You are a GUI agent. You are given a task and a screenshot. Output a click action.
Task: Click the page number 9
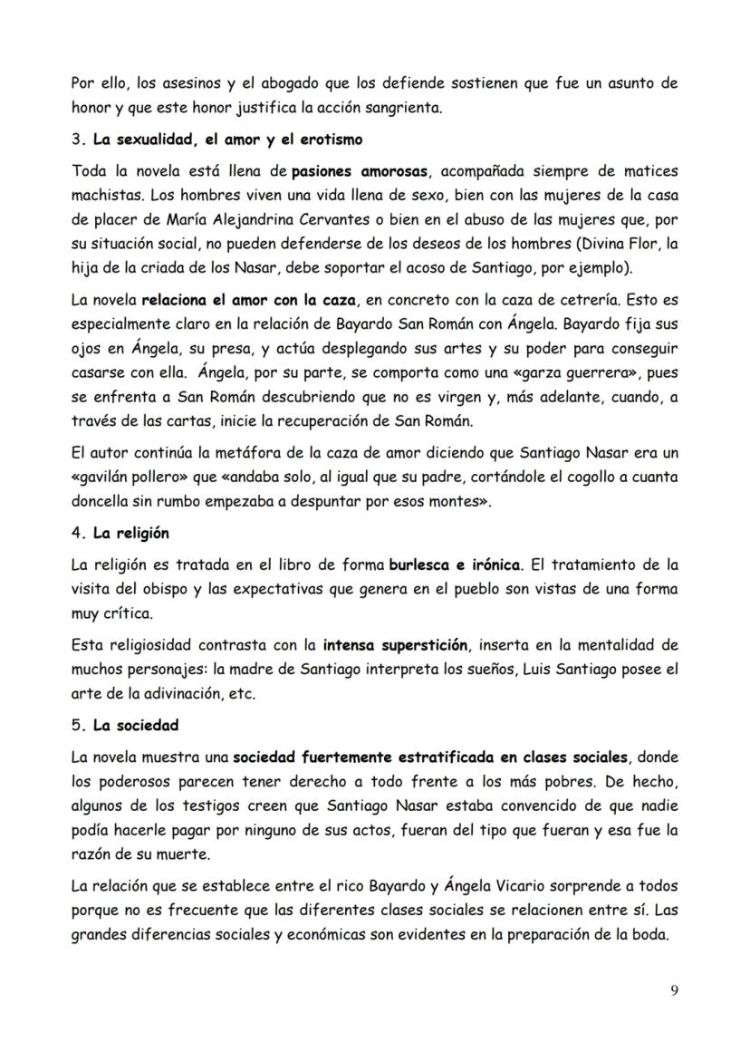(673, 989)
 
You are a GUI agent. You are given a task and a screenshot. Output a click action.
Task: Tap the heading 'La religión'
(130, 533)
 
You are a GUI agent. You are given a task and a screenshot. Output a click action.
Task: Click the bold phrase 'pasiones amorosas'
(353, 171)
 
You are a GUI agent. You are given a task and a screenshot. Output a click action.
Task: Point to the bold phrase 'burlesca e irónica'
(455, 564)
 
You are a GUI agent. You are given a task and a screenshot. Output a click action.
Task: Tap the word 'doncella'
(102, 501)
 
